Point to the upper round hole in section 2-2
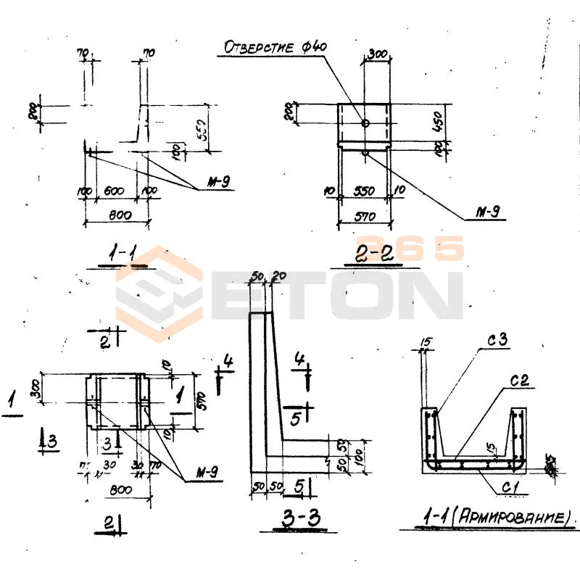pyautogui.click(x=365, y=124)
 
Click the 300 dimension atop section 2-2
pyautogui.click(x=377, y=54)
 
